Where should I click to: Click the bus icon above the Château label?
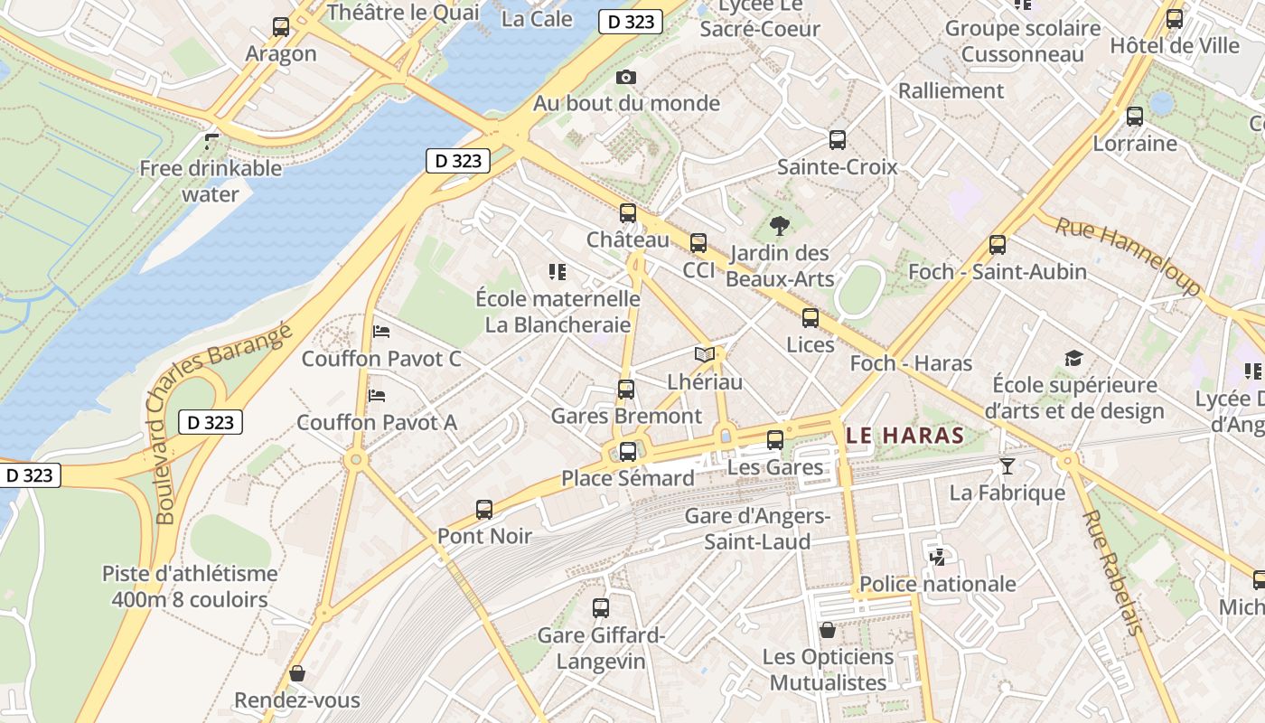[x=627, y=214]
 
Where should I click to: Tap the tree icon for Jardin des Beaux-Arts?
[x=779, y=226]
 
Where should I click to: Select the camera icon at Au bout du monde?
[x=625, y=78]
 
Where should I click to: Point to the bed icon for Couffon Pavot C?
[x=380, y=332]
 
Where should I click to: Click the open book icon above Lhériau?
[x=705, y=354]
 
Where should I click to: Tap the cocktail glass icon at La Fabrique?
[x=1007, y=466]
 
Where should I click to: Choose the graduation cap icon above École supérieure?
[x=1073, y=359]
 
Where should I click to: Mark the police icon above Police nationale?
[x=937, y=557]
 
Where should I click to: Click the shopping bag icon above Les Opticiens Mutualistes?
[x=827, y=630]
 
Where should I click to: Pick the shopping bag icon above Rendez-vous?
[x=296, y=673]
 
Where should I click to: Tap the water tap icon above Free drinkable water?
[x=211, y=141]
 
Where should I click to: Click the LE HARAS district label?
[x=906, y=436]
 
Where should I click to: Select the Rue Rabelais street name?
[x=1113, y=572]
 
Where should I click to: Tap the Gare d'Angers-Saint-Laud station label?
[x=757, y=529]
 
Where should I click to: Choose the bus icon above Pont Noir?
[x=484, y=510]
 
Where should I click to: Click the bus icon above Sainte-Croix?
[x=838, y=140]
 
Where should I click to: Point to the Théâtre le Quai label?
[x=403, y=13]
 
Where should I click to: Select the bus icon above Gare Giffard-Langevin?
[x=601, y=608]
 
